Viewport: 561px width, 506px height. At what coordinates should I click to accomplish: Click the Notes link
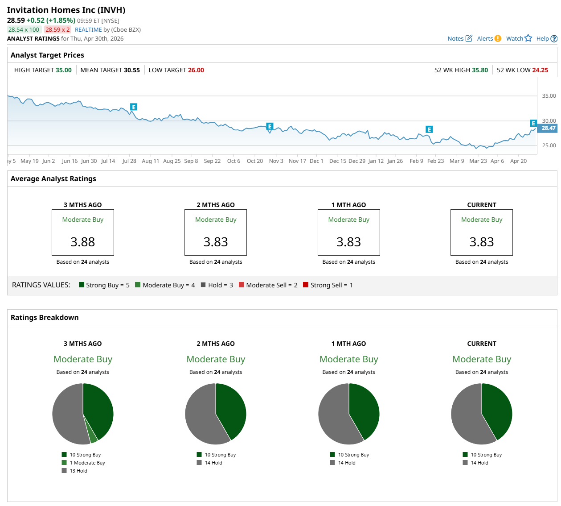459,39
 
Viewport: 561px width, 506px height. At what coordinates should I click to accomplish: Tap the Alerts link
489,39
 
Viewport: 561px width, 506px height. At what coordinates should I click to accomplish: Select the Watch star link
519,39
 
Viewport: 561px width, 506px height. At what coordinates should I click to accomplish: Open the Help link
546,39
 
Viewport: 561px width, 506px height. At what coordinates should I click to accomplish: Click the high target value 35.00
63,70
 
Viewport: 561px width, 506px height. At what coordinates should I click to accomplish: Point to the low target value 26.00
196,70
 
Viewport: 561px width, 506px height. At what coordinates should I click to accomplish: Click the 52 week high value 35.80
479,70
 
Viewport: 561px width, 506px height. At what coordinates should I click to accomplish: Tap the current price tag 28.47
548,128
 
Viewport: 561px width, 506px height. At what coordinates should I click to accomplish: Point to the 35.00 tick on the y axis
549,96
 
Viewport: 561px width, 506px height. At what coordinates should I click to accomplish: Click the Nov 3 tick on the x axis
276,161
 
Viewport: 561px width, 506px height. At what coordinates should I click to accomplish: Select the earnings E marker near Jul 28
134,107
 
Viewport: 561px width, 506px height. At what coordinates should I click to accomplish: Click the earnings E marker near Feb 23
429,129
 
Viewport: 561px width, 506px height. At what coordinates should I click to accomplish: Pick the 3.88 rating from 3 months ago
83,242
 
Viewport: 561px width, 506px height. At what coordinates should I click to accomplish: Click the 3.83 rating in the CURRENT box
481,242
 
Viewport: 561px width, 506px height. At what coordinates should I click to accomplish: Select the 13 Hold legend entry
78,471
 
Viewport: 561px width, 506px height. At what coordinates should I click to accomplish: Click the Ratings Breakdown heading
45,317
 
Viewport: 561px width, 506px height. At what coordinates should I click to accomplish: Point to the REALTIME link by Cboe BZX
88,30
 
